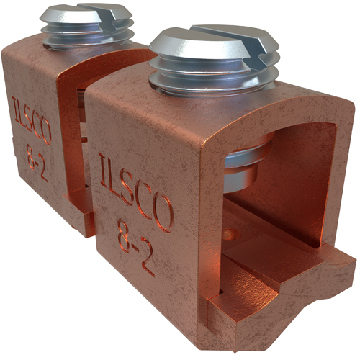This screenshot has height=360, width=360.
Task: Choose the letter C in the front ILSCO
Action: point(147,202)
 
